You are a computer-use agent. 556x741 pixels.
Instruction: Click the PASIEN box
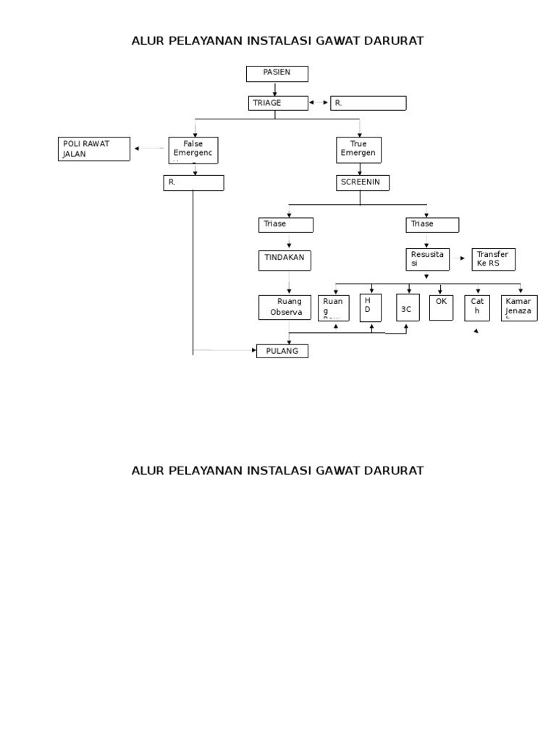(x=277, y=73)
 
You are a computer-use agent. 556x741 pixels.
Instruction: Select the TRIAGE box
(x=277, y=103)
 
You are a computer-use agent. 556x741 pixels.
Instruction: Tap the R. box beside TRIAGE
(x=368, y=103)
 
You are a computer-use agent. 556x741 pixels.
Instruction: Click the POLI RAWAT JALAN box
(x=94, y=149)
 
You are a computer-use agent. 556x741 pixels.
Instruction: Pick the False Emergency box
(x=193, y=150)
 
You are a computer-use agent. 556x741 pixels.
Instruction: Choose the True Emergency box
(x=358, y=150)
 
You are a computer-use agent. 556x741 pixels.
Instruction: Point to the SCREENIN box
(x=362, y=183)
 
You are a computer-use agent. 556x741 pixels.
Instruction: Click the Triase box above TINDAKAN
(x=286, y=224)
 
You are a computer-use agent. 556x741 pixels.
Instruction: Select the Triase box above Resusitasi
(x=432, y=224)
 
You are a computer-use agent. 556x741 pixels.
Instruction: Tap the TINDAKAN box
(x=286, y=260)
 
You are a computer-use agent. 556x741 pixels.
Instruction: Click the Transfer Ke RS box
(x=494, y=259)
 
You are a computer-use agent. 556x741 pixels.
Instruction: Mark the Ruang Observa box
(x=285, y=307)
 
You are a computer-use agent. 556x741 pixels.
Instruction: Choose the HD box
(x=371, y=308)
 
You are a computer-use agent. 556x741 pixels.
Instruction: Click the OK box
(x=442, y=307)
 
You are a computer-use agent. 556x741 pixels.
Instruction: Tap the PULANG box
(x=282, y=351)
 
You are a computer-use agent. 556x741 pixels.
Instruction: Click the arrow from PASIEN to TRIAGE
(x=275, y=88)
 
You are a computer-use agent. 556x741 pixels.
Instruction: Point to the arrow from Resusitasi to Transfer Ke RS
(x=460, y=258)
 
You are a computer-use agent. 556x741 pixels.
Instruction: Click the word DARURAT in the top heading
(x=387, y=41)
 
